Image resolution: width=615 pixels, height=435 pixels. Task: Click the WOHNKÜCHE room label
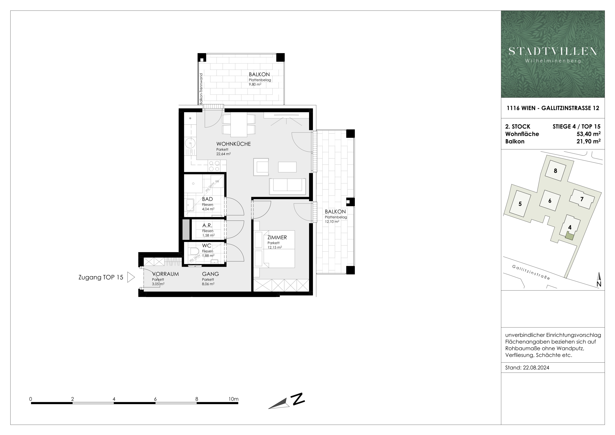pos(234,144)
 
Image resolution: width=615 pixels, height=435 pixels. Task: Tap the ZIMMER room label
pos(277,237)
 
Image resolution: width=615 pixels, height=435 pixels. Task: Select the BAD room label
pos(207,199)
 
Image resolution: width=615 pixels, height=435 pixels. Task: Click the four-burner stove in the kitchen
pos(214,166)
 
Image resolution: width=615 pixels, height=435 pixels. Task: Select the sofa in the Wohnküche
pos(287,186)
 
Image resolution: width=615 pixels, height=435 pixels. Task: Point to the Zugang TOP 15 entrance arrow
pos(131,277)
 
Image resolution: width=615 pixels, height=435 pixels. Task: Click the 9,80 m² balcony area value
pos(255,84)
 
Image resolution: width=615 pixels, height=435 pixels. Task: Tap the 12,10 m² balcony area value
pos(332,221)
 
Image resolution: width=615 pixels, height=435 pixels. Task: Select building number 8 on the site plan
pos(555,171)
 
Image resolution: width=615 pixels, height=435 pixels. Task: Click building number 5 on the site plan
pos(520,204)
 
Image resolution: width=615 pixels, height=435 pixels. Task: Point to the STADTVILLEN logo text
pos(553,51)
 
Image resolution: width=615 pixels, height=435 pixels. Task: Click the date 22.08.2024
pos(536,368)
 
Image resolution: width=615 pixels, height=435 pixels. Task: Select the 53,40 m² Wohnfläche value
pos(588,134)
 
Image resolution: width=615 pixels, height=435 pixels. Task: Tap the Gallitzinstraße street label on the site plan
pos(531,272)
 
